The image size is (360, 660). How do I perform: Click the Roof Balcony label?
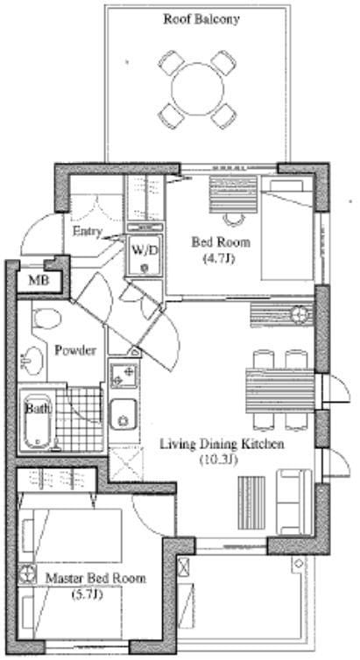click(201, 18)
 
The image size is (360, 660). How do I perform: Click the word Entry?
click(88, 232)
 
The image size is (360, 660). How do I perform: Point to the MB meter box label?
click(38, 281)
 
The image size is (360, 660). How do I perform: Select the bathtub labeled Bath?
click(37, 423)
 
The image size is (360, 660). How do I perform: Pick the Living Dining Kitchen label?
click(222, 444)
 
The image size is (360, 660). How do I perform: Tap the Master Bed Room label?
click(95, 579)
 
